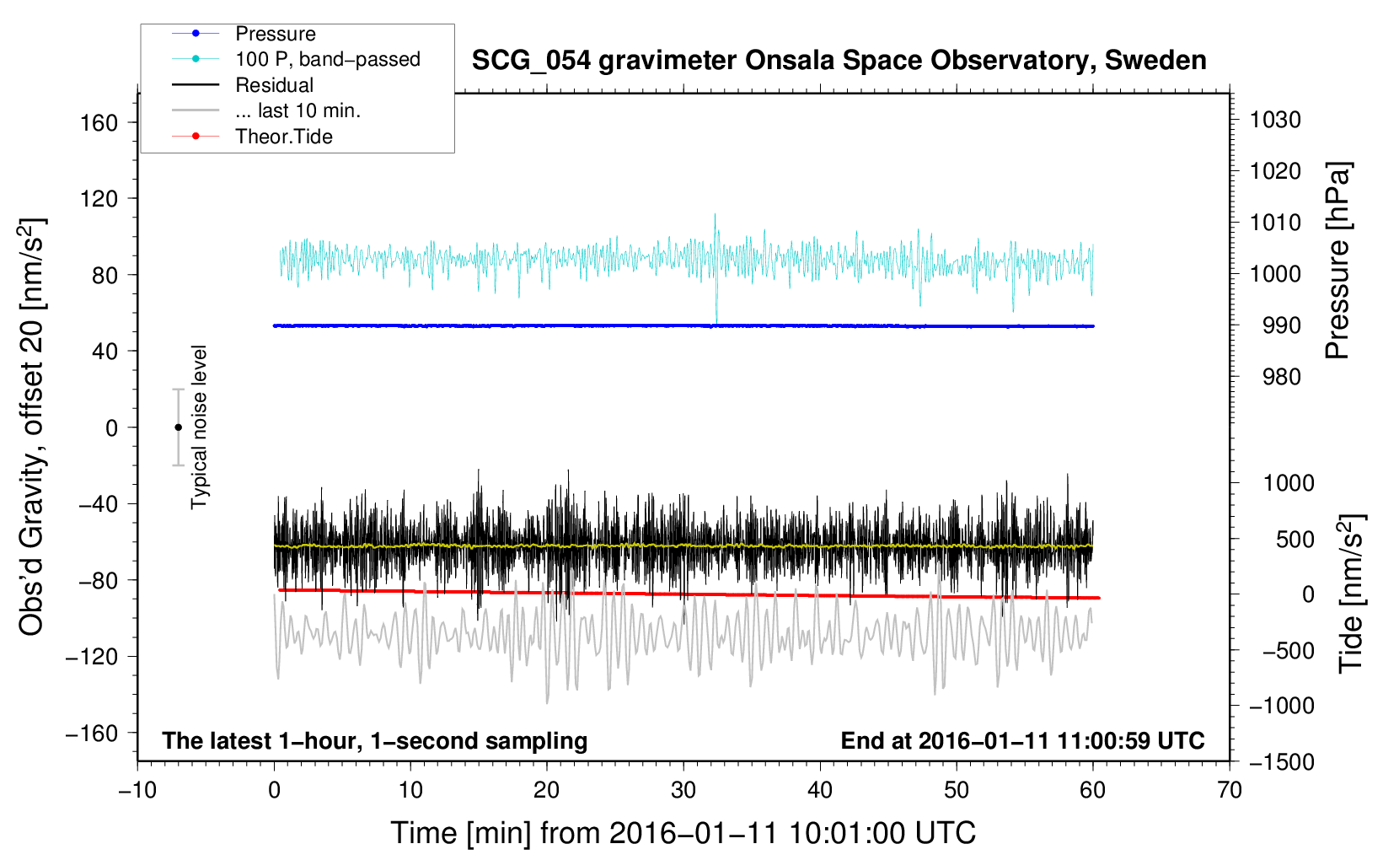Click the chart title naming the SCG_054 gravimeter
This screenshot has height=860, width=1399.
[x=839, y=61]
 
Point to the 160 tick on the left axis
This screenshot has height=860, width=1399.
[x=99, y=122]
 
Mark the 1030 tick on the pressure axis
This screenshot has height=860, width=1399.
[x=1275, y=120]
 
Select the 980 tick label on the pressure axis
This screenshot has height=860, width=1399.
[x=1281, y=377]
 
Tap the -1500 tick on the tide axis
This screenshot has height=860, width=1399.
[x=1282, y=762]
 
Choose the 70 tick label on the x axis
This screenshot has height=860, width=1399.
[x=1229, y=790]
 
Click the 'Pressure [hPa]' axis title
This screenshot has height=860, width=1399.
[x=1337, y=261]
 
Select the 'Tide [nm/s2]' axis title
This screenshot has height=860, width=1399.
[x=1351, y=594]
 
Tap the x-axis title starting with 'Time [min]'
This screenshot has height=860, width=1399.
[x=683, y=833]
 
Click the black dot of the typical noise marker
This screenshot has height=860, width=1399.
[x=178, y=427]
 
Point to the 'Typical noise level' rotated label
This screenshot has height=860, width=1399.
[x=198, y=427]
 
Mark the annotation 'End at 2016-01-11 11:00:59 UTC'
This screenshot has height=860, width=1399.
[x=1022, y=740]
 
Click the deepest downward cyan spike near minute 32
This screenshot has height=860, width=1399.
[x=716, y=321]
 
